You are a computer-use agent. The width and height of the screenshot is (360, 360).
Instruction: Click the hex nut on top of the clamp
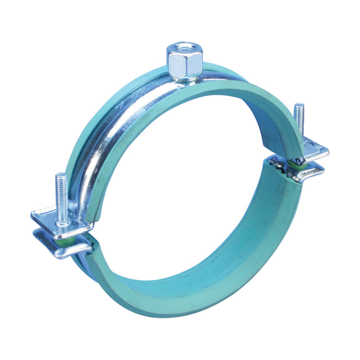coord(184,63)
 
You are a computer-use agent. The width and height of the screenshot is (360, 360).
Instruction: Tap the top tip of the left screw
coord(61,175)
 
